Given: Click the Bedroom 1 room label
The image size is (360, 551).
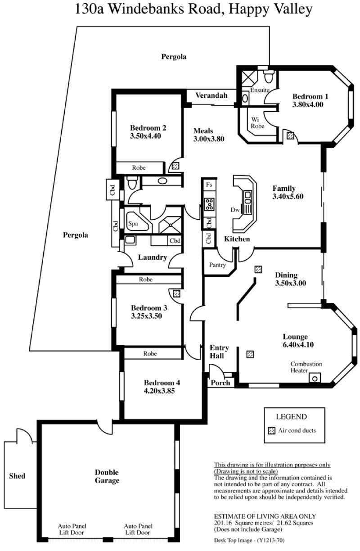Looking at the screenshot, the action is click(x=310, y=96).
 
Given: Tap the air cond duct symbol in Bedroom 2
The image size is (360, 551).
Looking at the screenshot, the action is click(x=175, y=166).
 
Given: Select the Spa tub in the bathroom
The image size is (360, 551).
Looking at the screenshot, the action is click(x=137, y=221).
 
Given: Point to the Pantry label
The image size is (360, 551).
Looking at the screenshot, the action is click(x=217, y=265).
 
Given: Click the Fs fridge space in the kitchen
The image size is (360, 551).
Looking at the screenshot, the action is click(x=209, y=185).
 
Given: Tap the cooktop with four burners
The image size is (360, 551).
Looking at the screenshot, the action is click(x=209, y=204).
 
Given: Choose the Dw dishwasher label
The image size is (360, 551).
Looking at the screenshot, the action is click(x=235, y=210).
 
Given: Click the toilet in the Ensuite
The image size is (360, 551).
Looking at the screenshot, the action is click(x=269, y=76).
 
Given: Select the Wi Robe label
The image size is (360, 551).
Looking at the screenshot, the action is click(x=257, y=123).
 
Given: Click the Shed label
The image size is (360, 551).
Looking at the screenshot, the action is click(x=17, y=476).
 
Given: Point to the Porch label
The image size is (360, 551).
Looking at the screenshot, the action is click(x=220, y=383).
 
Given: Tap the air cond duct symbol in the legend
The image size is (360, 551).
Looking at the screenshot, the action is click(x=271, y=431).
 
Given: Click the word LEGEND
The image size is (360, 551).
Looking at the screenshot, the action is click(x=292, y=417).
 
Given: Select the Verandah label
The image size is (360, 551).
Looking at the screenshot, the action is click(x=211, y=95).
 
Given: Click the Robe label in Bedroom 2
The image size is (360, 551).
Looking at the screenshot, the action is click(x=139, y=167).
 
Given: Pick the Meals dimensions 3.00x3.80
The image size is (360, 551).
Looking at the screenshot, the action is click(x=209, y=139).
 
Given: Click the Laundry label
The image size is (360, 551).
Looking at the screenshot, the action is click(x=153, y=257).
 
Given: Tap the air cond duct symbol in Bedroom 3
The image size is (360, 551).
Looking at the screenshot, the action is click(x=176, y=294).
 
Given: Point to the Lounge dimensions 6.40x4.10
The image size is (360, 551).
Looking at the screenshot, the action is click(x=298, y=344).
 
